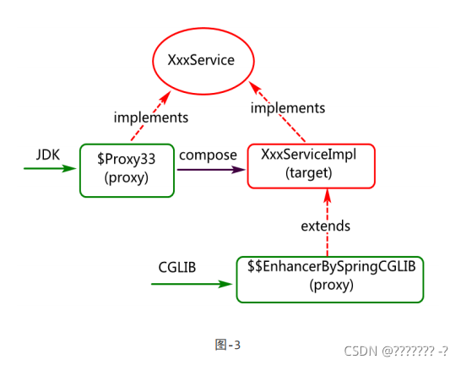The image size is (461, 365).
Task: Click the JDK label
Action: click(x=48, y=155)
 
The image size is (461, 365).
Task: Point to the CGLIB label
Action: click(x=177, y=267)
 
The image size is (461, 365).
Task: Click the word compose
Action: click(x=208, y=155)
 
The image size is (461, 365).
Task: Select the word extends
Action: click(x=325, y=226)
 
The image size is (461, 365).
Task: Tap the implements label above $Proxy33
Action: click(x=151, y=117)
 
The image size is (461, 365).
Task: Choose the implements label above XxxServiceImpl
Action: click(x=288, y=108)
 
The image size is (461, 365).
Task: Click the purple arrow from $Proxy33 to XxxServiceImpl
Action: click(x=211, y=170)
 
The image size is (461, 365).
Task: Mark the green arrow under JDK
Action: click(x=50, y=168)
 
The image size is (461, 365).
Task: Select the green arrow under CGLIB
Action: click(x=192, y=284)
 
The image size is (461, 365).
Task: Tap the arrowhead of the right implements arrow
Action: click(x=255, y=87)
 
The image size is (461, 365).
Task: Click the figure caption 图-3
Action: click(x=228, y=345)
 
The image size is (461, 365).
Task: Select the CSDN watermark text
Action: click(x=396, y=351)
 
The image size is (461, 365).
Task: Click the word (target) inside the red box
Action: click(x=309, y=173)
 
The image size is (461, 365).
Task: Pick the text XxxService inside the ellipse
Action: click(x=201, y=60)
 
